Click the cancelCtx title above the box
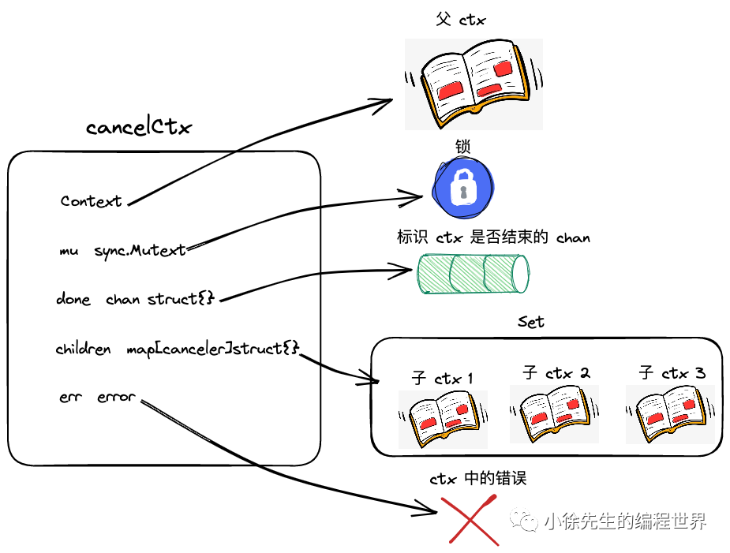139,127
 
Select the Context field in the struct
92,201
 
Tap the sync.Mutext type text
140,250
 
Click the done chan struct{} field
136,299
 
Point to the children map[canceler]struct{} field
178,348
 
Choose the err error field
97,397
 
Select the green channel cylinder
472,273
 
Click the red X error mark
472,519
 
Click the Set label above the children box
531,322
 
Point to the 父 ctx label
460,20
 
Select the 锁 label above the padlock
463,148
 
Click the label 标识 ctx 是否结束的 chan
493,237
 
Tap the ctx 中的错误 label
477,478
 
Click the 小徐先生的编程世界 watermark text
623,521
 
